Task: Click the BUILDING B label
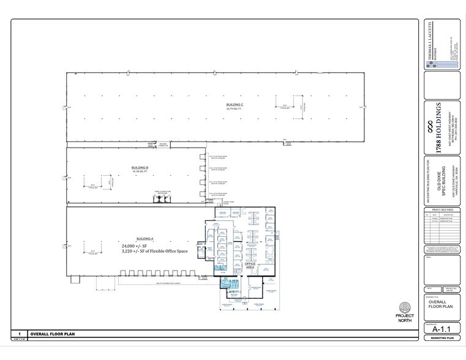(x=140, y=167)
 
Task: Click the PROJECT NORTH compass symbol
(x=405, y=309)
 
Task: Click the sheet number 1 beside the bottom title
(x=20, y=335)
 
